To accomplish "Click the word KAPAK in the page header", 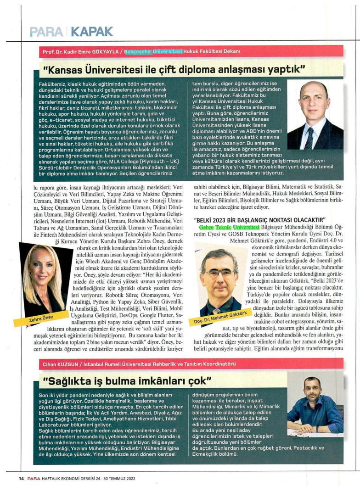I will coord(92,31).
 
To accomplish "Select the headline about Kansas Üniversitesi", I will coord(174,70).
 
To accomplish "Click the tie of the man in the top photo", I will coord(309,138).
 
